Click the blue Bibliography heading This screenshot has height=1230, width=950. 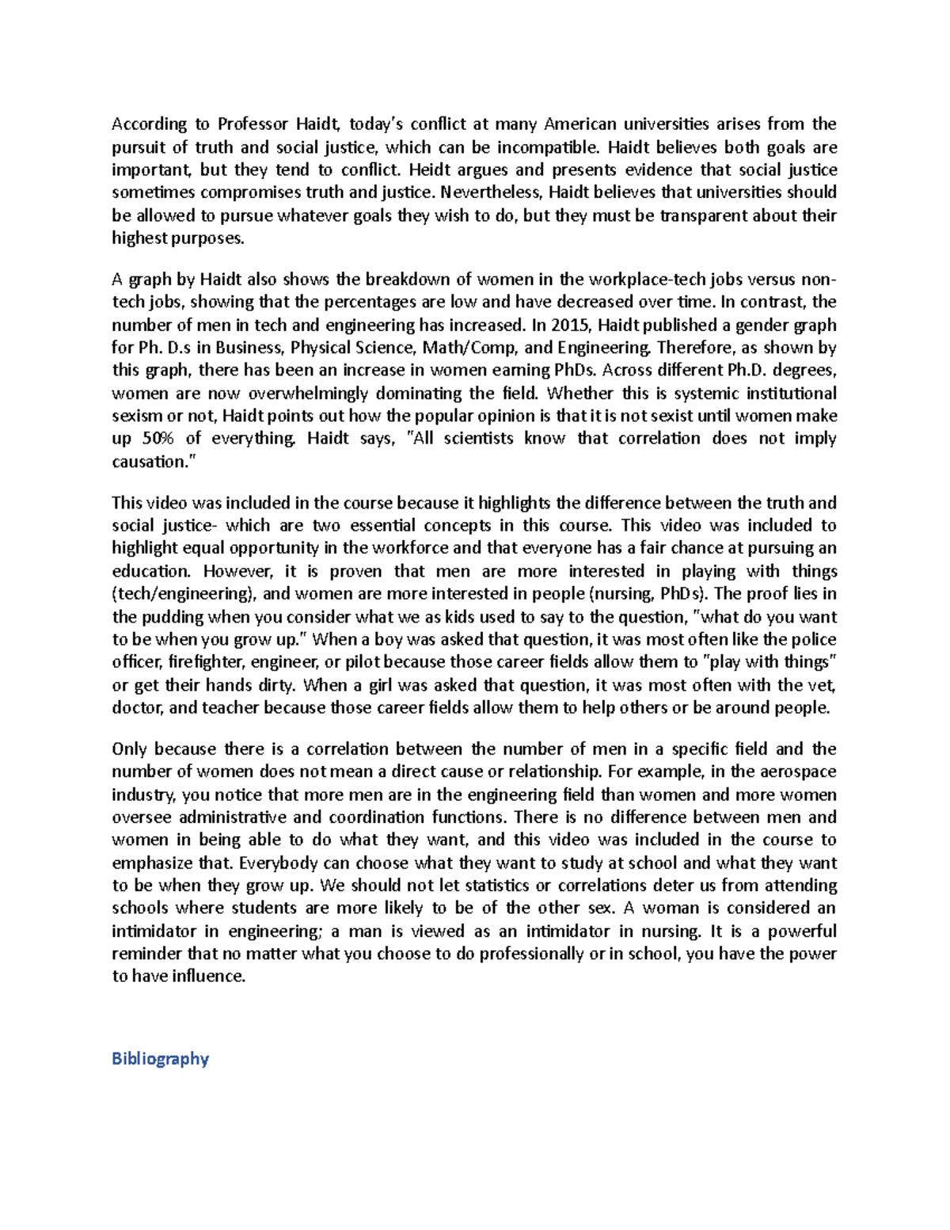point(160,1059)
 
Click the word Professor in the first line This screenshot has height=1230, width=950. point(252,124)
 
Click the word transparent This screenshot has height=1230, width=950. point(702,215)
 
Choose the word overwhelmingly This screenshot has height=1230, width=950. point(330,394)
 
